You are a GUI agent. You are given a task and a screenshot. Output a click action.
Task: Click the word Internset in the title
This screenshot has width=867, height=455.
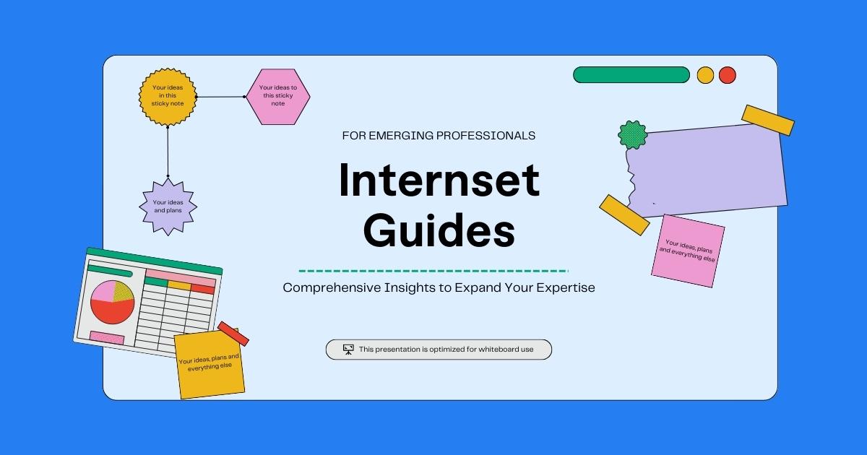click(439, 181)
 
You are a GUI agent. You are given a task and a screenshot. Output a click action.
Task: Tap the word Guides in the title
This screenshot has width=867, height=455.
click(439, 232)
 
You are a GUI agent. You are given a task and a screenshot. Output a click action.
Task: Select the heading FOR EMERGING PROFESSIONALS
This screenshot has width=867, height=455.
click(439, 135)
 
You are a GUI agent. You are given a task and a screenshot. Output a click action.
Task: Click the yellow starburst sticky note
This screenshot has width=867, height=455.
click(168, 96)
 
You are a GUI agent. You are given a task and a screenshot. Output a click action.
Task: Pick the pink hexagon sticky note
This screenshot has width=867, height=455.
click(277, 97)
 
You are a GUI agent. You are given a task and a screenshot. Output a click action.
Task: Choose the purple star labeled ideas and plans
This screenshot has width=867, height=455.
click(168, 207)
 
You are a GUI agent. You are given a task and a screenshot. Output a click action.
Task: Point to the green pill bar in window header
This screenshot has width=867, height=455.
click(631, 75)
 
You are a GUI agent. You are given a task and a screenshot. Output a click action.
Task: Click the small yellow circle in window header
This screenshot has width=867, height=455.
click(705, 75)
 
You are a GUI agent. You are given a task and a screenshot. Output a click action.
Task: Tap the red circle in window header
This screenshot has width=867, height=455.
click(728, 75)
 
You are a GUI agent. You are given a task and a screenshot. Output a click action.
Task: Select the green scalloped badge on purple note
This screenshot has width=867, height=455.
click(632, 135)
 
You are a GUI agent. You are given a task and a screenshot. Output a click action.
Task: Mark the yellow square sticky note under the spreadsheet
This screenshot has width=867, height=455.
click(210, 365)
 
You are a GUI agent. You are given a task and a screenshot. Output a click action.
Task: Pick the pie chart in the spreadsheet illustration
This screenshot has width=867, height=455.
click(112, 301)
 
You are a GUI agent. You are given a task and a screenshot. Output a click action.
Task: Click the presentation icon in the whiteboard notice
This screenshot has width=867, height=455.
click(348, 350)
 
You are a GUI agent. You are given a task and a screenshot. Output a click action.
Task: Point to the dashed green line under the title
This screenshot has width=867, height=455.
click(433, 271)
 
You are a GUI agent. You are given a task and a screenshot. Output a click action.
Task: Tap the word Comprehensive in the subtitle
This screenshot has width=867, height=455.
click(324, 287)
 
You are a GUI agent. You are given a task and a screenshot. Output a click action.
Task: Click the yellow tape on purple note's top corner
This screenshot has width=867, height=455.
click(767, 120)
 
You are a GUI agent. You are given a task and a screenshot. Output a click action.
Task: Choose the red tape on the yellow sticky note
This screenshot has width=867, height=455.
click(233, 333)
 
